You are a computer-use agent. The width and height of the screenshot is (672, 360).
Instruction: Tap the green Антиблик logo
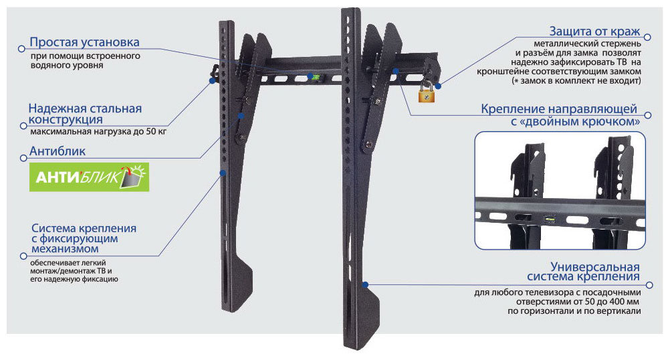(89, 177)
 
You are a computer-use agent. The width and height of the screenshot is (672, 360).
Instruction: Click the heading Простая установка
(84, 43)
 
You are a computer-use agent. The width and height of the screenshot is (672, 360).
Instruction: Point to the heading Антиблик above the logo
(58, 152)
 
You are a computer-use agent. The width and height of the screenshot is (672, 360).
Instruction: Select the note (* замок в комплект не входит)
(576, 80)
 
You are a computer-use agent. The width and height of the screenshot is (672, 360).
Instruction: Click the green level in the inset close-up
(550, 217)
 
